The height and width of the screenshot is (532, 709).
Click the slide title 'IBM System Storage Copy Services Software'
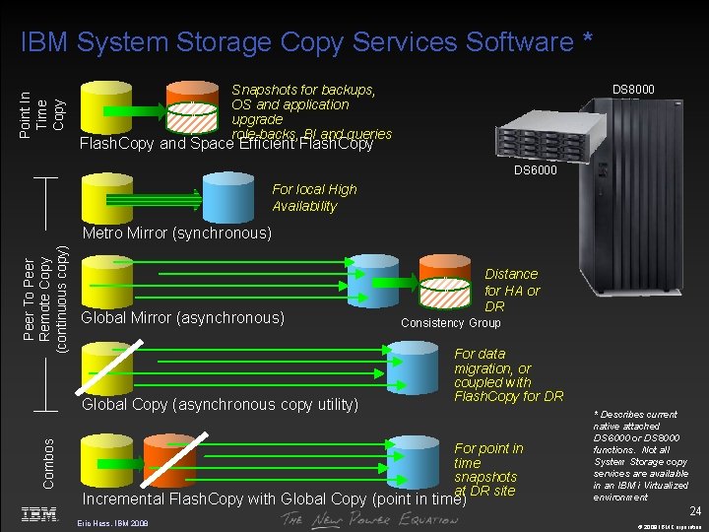tap(306, 41)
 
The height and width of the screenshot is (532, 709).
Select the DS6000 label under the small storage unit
tap(535, 170)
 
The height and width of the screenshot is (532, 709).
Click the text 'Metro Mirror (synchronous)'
tap(176, 233)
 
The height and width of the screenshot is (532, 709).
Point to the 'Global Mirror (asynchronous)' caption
tap(182, 318)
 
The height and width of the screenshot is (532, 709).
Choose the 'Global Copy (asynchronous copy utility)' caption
tap(220, 404)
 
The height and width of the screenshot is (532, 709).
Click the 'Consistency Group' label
tap(451, 323)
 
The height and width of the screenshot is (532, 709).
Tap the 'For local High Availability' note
tap(314, 197)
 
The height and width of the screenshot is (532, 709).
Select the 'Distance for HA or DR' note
tap(511, 290)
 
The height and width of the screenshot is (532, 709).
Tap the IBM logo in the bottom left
tap(39, 514)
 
